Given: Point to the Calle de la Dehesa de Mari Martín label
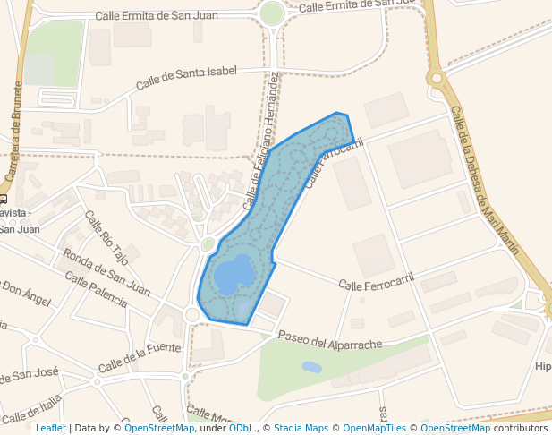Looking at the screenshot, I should tap(484, 179).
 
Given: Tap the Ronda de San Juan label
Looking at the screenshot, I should tap(106, 273).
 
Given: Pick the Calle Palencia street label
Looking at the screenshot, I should tap(96, 291).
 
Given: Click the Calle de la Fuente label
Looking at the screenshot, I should tap(140, 357).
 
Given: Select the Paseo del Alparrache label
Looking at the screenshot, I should tap(330, 341).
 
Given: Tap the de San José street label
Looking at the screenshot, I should tap(30, 373).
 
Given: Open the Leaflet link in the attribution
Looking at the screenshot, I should tap(50, 428).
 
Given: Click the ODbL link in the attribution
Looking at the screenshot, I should tap(241, 428).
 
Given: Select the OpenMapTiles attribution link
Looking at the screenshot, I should tap(375, 428).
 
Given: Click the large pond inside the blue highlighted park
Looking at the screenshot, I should tap(235, 273).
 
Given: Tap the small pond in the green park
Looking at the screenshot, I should tap(311, 367).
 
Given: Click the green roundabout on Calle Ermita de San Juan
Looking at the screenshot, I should tap(271, 13).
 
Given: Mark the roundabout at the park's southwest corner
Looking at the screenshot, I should tap(191, 314).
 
